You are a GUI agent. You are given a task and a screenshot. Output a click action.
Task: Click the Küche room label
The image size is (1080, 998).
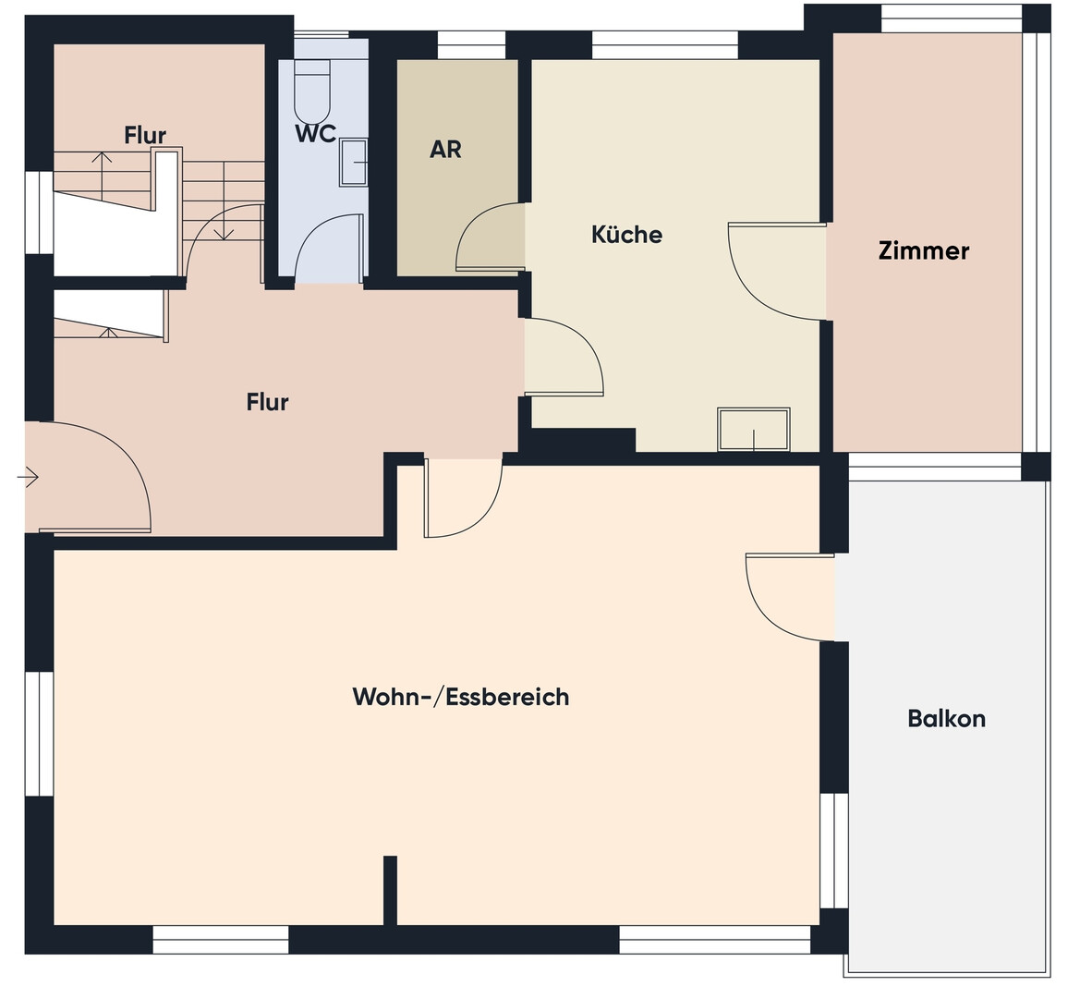point(626,234)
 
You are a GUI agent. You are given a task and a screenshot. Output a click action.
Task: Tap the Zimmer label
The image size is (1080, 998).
point(924,250)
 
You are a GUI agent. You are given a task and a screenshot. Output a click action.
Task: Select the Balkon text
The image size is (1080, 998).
point(946,718)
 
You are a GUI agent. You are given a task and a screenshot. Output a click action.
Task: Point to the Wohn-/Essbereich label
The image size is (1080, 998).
point(461,697)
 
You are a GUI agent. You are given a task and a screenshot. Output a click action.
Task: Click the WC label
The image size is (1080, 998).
point(315,133)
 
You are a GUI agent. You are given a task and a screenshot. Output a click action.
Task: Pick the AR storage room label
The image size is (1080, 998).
point(445,150)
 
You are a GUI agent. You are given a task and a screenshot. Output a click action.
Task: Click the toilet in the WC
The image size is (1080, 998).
point(313,91)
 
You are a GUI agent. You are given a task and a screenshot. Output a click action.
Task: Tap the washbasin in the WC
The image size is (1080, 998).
point(353,163)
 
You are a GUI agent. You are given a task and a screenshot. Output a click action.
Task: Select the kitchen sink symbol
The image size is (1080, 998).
point(754,429)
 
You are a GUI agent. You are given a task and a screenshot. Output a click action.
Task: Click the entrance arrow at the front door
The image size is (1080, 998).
point(28,477)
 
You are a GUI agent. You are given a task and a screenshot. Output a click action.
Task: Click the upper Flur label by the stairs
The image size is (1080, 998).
point(145,135)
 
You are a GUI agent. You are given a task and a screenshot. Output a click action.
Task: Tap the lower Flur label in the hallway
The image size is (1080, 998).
point(267,402)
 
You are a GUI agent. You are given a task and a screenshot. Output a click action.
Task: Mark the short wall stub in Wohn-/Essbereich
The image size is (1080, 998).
point(390,890)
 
